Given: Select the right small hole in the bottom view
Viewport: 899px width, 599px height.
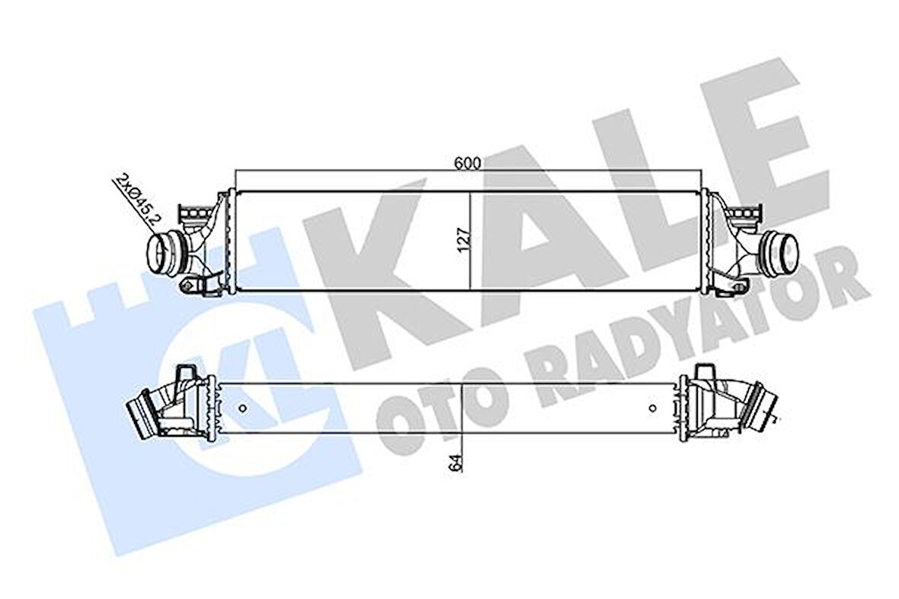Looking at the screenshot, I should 652,408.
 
